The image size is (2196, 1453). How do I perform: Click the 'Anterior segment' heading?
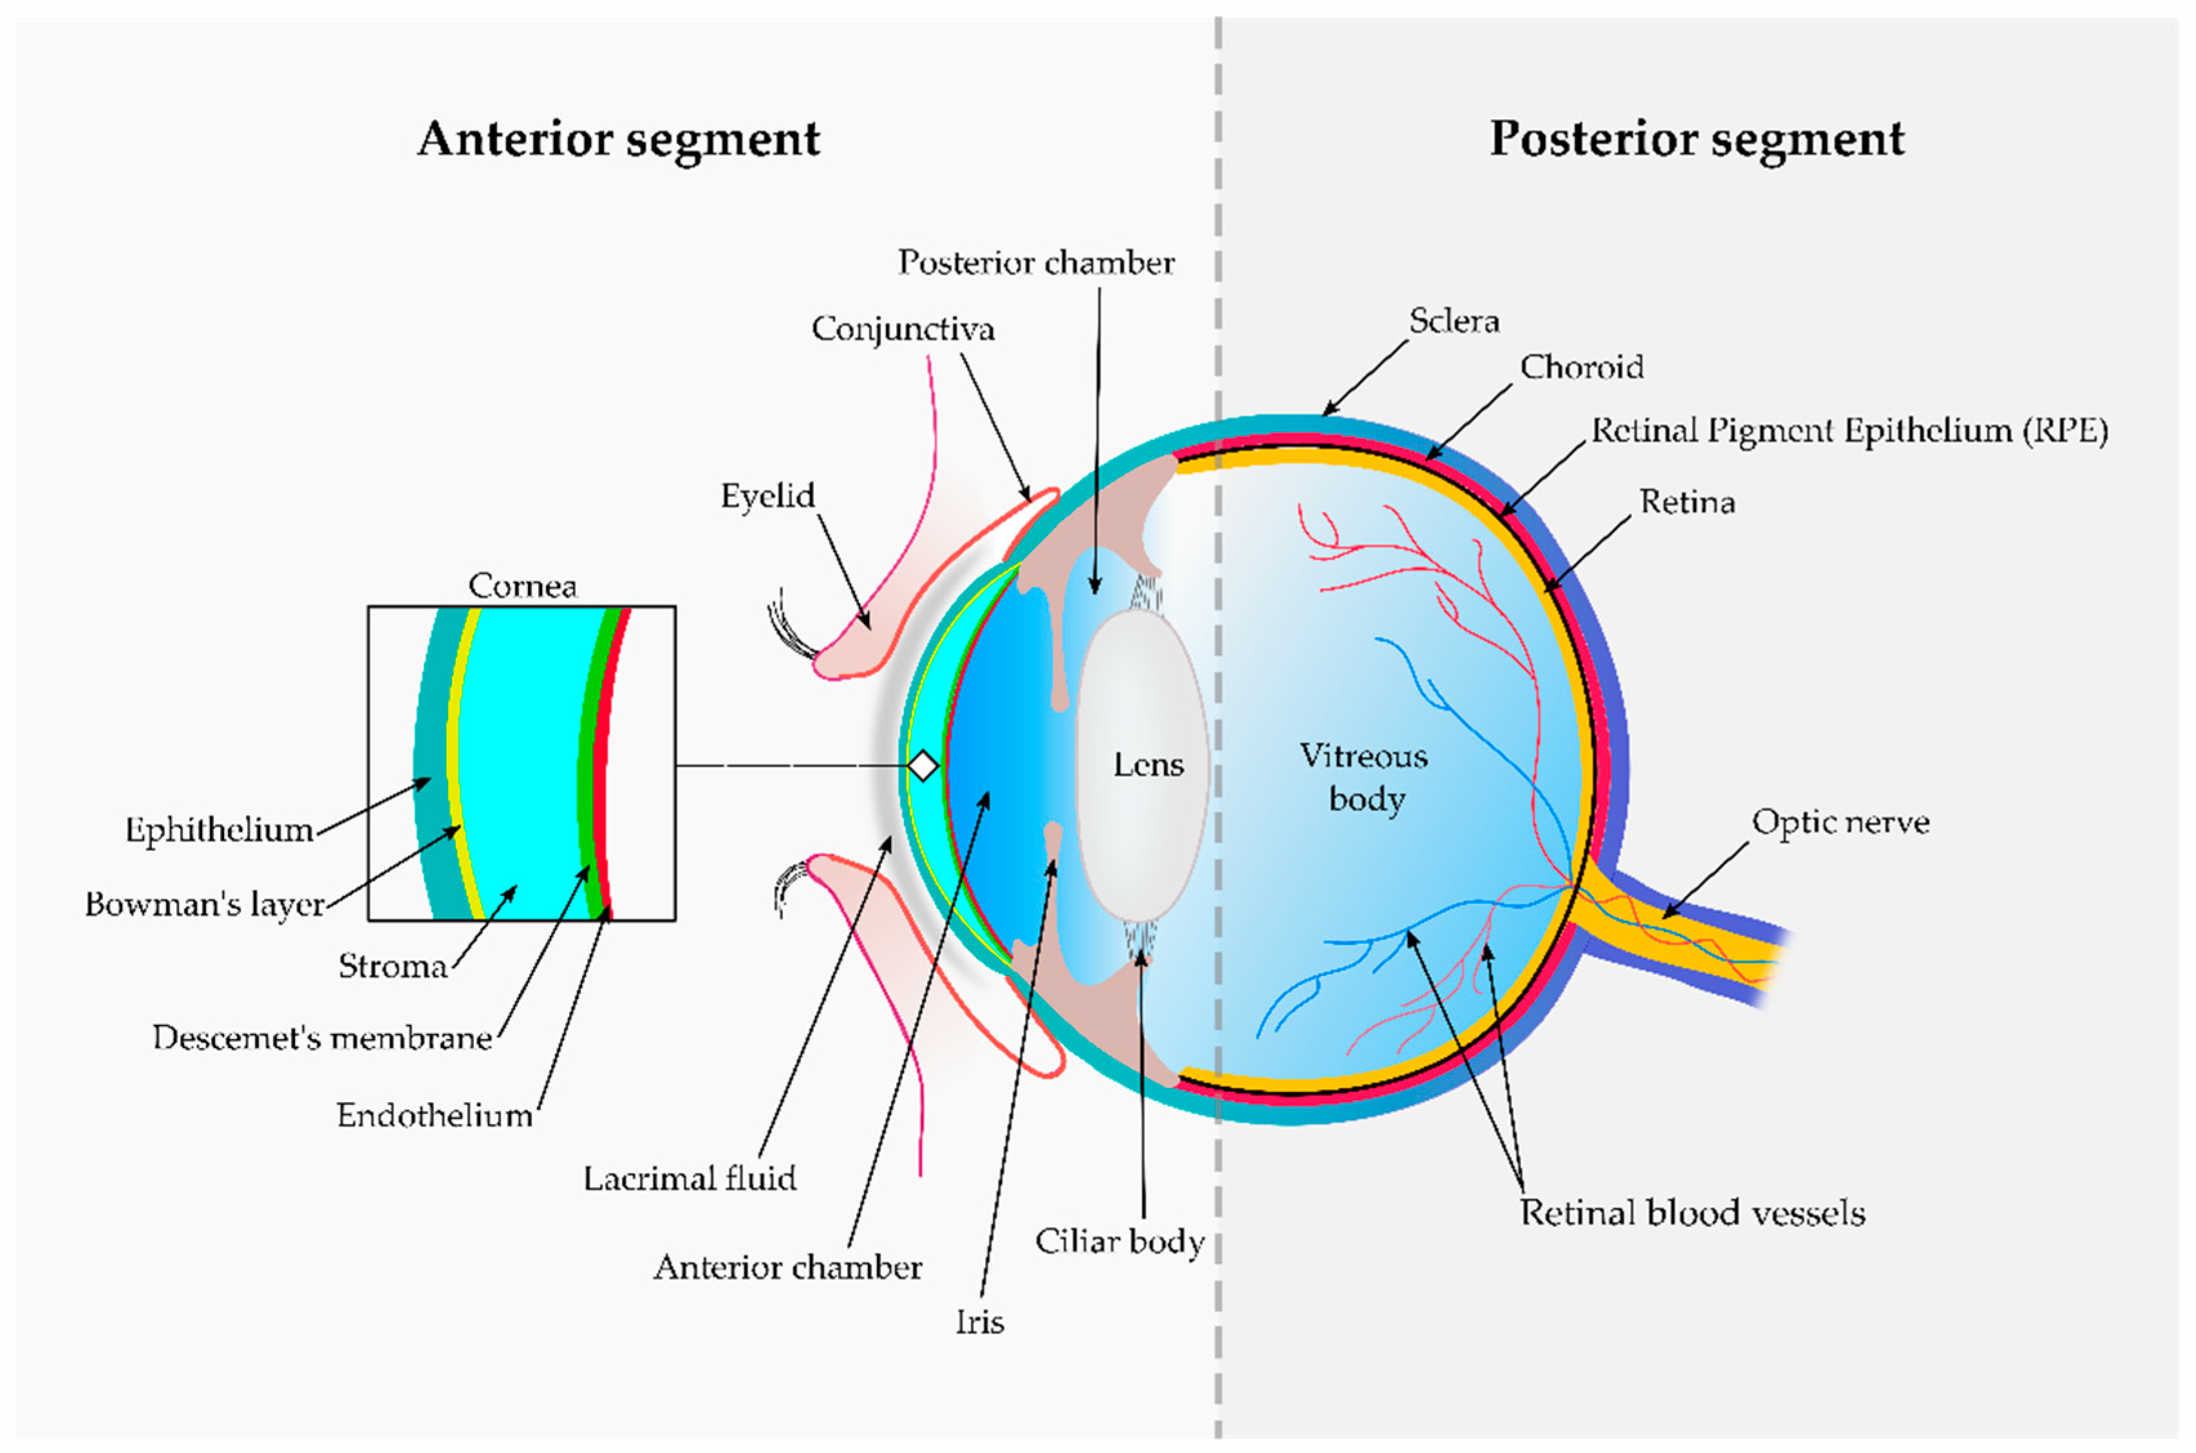coord(618,140)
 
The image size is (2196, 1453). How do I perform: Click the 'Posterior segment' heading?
coord(1696,140)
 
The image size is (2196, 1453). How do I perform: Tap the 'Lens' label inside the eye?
coord(1148,765)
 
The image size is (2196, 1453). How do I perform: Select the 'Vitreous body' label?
coord(1364,776)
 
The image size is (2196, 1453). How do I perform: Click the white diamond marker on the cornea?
coord(922,766)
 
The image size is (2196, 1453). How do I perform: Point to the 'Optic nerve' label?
coord(1839,823)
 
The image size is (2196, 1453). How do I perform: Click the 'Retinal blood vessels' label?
coord(1691,1213)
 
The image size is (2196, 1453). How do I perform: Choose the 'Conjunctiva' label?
coord(903,330)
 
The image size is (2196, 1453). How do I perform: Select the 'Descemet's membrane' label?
coord(321,1038)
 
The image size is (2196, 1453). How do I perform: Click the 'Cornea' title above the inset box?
coord(521,586)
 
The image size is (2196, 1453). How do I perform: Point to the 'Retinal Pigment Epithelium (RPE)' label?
coord(1848,431)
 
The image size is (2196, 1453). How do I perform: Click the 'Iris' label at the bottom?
coord(979,1322)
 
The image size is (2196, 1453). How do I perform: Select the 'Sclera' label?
coord(1453,321)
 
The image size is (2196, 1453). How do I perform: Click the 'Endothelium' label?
coord(434,1116)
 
